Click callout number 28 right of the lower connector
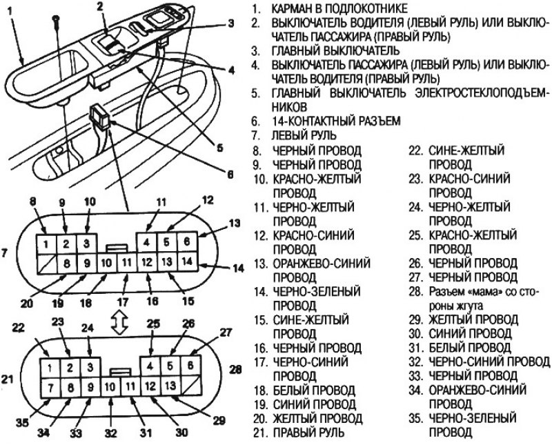[x=235, y=370]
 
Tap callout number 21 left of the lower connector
[x=6, y=378]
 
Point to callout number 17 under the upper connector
[x=123, y=301]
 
